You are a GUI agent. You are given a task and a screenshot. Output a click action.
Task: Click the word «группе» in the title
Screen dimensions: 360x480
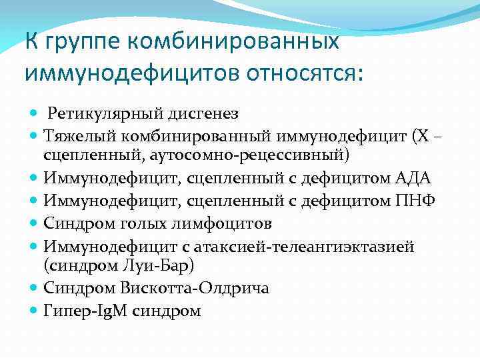pyautogui.click(x=82, y=41)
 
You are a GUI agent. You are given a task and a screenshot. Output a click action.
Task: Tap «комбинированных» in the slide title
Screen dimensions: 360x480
pyautogui.click(x=233, y=41)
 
